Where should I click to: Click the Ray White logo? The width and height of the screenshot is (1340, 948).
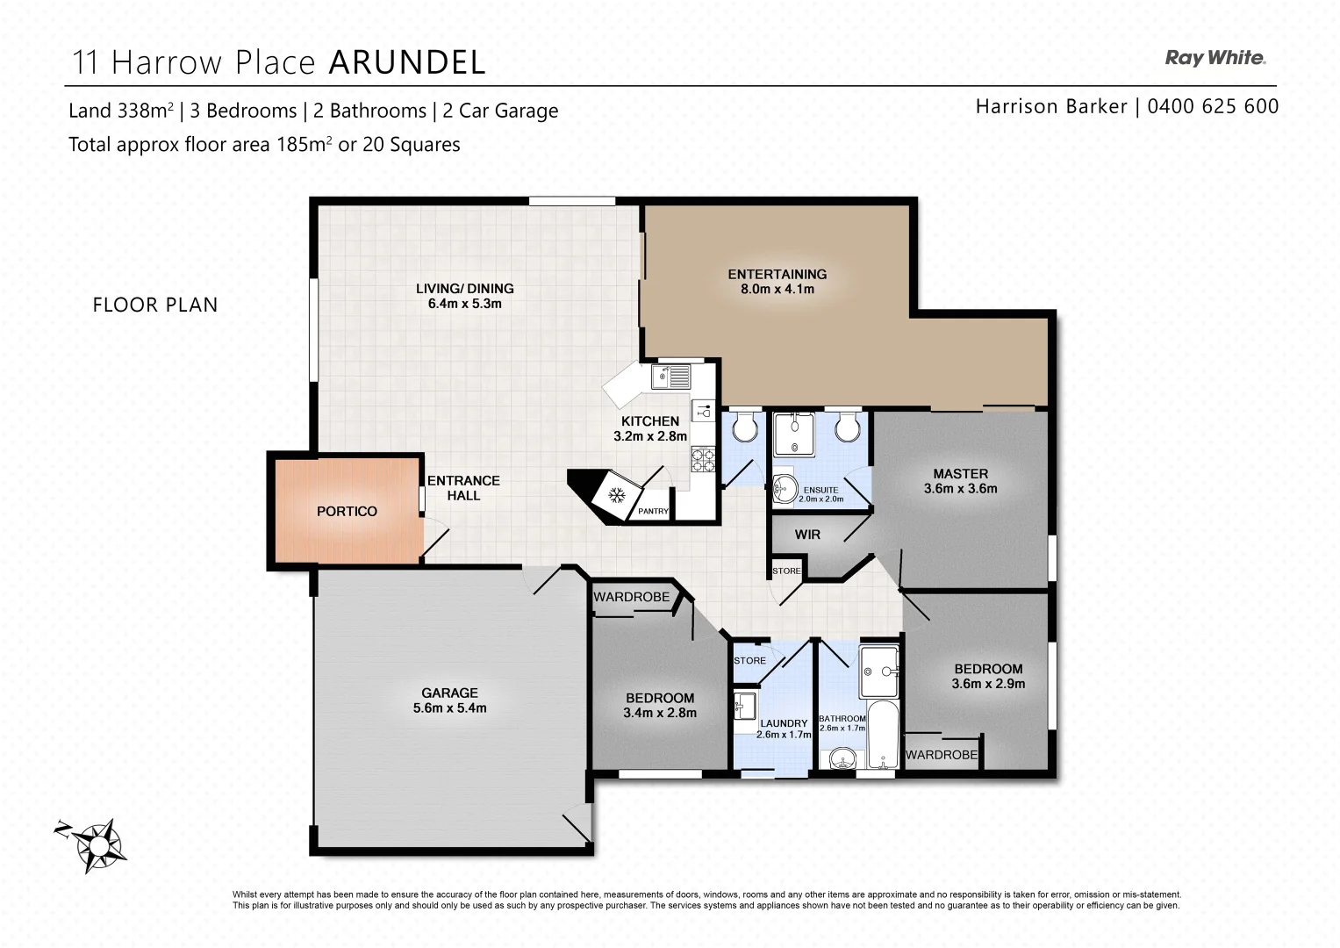pyautogui.click(x=1215, y=58)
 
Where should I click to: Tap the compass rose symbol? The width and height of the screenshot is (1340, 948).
pyautogui.click(x=97, y=844)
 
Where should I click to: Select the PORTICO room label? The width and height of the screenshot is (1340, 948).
pyautogui.click(x=347, y=511)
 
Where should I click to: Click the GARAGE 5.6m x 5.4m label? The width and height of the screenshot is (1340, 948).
pyautogui.click(x=449, y=700)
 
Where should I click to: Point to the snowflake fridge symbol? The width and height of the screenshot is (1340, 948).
pyautogui.click(x=617, y=496)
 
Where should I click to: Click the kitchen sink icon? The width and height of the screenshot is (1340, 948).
pyautogui.click(x=671, y=377)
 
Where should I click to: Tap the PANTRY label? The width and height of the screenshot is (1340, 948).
pyautogui.click(x=653, y=511)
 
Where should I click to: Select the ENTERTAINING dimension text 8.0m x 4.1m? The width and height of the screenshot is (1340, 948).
pyautogui.click(x=777, y=289)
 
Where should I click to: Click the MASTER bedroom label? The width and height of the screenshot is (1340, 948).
pyautogui.click(x=960, y=473)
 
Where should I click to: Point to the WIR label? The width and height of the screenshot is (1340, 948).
pyautogui.click(x=806, y=534)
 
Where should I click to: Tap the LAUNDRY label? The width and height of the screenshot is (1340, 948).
pyautogui.click(x=784, y=723)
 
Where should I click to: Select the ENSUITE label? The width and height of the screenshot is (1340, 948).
pyautogui.click(x=820, y=490)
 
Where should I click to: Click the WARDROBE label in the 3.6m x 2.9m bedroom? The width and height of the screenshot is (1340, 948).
pyautogui.click(x=941, y=755)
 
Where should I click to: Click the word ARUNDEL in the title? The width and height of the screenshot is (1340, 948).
pyautogui.click(x=407, y=62)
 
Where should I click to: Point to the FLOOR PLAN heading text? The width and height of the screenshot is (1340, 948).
pyautogui.click(x=155, y=305)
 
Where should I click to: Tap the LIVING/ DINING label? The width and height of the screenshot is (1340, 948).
pyautogui.click(x=464, y=288)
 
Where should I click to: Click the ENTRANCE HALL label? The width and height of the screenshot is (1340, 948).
pyautogui.click(x=463, y=488)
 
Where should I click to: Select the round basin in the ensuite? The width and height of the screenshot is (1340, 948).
pyautogui.click(x=785, y=488)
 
